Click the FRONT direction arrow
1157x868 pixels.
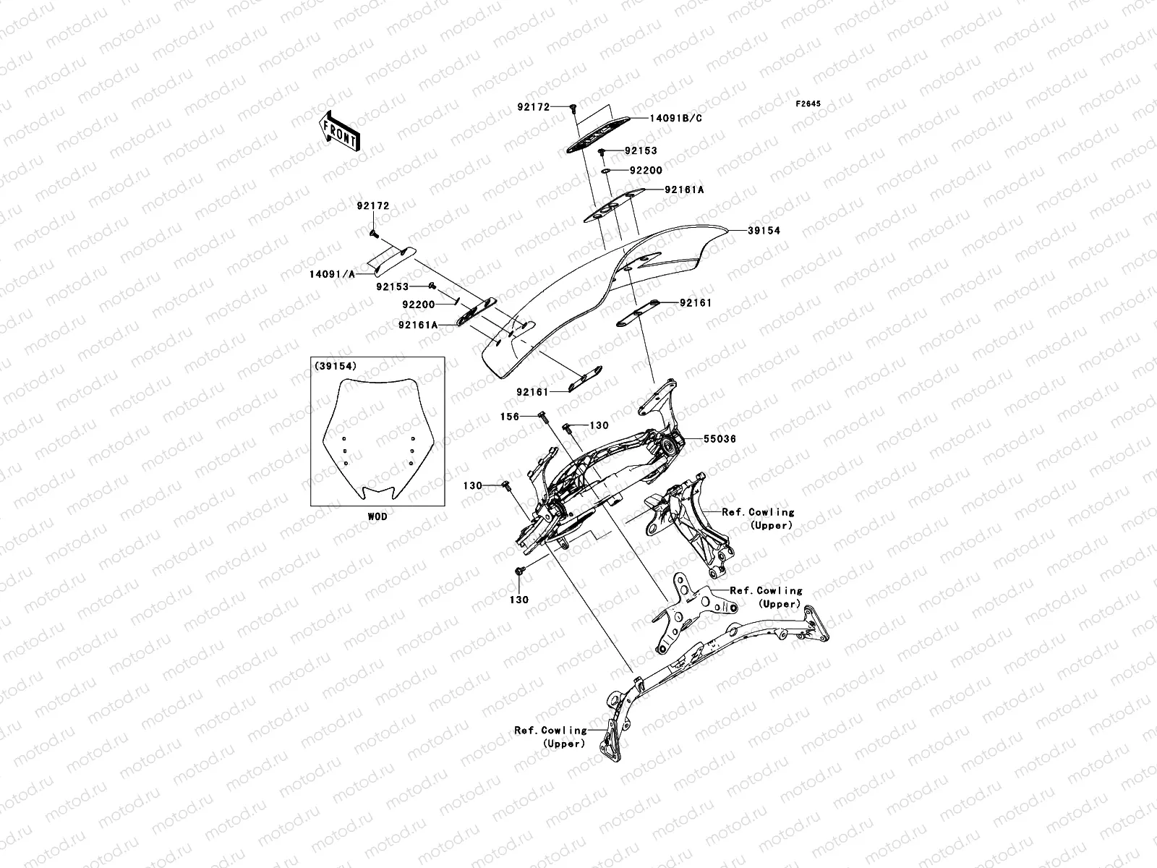click(339, 131)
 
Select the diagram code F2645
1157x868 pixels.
click(808, 104)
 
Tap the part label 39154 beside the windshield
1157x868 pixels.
click(764, 230)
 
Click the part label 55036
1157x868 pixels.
click(720, 439)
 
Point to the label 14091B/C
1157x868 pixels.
click(675, 119)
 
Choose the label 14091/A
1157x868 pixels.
click(332, 274)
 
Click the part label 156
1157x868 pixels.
click(510, 417)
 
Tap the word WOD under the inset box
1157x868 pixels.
click(377, 517)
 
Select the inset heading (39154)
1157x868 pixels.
click(336, 366)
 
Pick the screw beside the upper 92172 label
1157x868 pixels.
click(573, 109)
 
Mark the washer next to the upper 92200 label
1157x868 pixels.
click(607, 171)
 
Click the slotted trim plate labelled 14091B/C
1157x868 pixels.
click(598, 135)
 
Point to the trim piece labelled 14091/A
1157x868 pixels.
click(395, 261)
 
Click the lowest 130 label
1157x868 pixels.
click(519, 600)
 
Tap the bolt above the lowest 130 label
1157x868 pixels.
click(520, 571)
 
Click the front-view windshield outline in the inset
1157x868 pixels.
click(377, 438)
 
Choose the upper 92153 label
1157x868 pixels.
click(641, 150)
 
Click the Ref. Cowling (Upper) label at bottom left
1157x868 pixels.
click(551, 737)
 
